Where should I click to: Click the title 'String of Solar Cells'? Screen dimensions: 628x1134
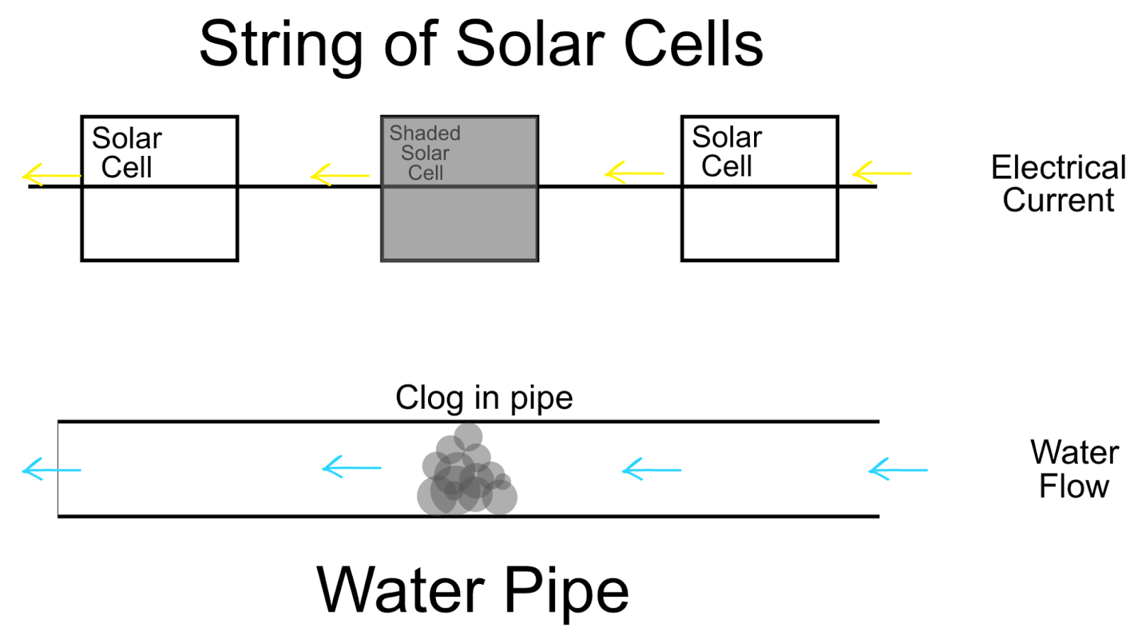coord(481,44)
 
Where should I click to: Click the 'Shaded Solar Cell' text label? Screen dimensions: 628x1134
coord(425,152)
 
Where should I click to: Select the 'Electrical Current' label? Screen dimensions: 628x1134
coord(1057,184)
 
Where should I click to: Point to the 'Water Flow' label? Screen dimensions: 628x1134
coord(1074,469)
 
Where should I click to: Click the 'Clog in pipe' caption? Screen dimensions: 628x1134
coord(483,398)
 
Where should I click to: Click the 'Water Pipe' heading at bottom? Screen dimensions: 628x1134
coord(473,590)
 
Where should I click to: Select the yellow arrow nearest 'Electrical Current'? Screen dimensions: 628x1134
coord(881,173)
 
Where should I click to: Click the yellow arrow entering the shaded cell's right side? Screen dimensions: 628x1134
coord(634,173)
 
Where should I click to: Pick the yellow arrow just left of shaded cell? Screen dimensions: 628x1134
coord(340,174)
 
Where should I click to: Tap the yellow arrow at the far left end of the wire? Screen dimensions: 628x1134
coord(51,175)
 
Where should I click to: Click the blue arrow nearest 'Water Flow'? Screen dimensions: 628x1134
coord(897,469)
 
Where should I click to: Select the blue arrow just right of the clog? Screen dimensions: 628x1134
coord(651,469)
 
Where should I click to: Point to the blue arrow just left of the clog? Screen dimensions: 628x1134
coord(351,468)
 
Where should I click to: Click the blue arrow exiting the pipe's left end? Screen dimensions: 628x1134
coord(51,469)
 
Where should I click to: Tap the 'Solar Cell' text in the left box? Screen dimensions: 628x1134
coord(127,152)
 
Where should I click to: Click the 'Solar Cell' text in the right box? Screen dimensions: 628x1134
coord(726,151)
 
